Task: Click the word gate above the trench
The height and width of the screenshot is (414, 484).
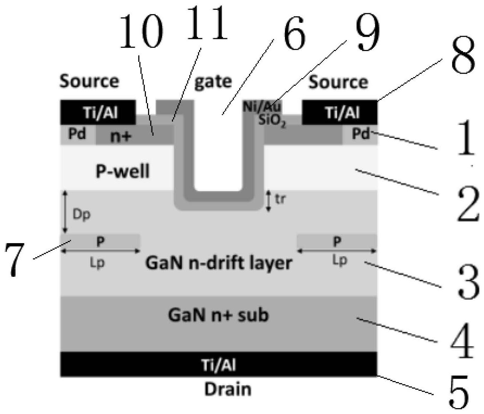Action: tap(213, 82)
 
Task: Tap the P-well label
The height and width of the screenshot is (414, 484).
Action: tap(123, 172)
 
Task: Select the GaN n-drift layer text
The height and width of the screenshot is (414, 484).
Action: tap(219, 263)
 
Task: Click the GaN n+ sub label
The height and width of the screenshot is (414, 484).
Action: tap(218, 315)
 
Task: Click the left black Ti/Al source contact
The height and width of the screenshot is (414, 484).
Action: tap(98, 112)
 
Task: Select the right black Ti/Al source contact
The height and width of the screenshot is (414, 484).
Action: tap(340, 112)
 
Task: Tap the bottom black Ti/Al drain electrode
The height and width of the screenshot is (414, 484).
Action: tap(219, 364)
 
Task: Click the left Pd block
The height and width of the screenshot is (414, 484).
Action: tap(77, 134)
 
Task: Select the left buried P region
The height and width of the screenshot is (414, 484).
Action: tap(100, 241)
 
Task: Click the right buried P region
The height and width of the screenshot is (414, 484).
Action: tap(337, 241)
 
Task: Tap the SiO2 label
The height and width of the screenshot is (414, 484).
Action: tap(272, 121)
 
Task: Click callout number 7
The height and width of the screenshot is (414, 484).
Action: tap(14, 259)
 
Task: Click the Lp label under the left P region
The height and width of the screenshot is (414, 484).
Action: tap(98, 263)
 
